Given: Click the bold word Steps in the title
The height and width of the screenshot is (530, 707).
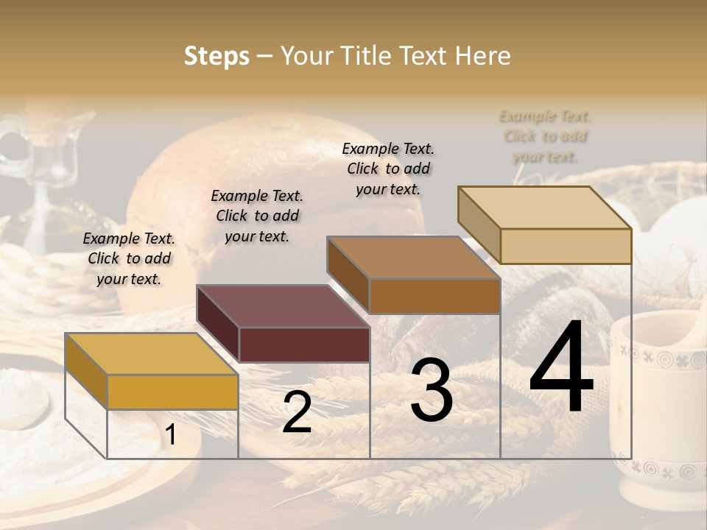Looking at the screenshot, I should click(217, 56).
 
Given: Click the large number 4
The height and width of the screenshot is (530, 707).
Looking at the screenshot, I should click(561, 368).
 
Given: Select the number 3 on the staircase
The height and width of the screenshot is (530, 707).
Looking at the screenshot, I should click(432, 390).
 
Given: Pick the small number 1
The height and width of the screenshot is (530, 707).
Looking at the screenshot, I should click(171, 435).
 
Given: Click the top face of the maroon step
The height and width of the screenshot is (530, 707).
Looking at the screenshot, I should click(282, 306).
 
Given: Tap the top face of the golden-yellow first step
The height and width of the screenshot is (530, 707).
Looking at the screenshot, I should click(151, 354).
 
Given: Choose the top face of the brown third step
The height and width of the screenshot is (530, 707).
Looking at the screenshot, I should click(412, 258).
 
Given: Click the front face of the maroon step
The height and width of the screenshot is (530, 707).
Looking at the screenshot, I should click(304, 344).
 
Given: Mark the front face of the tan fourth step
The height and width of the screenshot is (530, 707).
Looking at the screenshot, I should click(566, 246).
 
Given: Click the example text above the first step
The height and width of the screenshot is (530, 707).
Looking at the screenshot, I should click(129, 259).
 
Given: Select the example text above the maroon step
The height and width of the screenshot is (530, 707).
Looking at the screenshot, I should click(257, 216).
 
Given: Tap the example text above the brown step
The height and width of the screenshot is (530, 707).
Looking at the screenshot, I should click(388, 169).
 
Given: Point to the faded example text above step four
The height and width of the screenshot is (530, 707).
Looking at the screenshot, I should click(545, 137).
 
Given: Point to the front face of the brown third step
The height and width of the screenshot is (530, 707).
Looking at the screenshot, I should click(435, 296).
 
